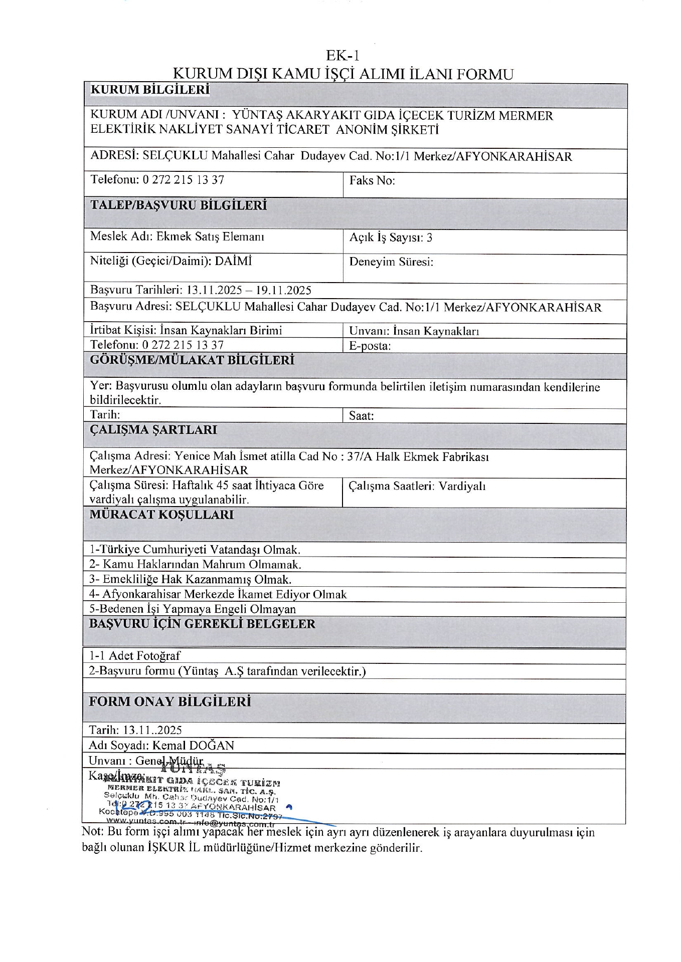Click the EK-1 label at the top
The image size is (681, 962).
(x=343, y=55)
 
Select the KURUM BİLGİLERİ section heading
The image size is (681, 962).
(x=149, y=90)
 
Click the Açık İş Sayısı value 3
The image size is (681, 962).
(x=429, y=237)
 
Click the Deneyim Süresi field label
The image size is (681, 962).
(x=391, y=262)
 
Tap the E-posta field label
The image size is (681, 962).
(x=370, y=346)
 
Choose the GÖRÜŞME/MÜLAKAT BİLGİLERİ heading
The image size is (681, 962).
(x=192, y=360)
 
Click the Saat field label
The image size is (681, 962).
(x=361, y=416)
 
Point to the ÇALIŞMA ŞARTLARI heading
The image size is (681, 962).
(x=153, y=430)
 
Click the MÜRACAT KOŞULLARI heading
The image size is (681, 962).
(x=161, y=515)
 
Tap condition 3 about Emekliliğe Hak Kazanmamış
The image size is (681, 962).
(x=191, y=580)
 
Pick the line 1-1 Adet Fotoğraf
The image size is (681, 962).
(x=134, y=655)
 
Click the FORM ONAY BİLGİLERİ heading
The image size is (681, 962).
(x=169, y=701)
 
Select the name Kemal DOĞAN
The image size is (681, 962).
(x=193, y=746)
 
